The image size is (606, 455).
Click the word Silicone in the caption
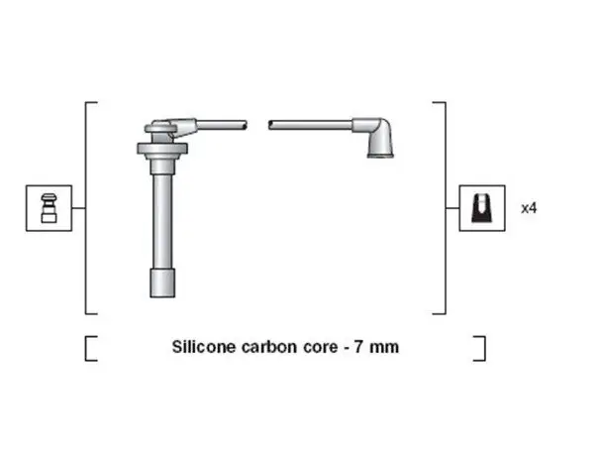coord(203,347)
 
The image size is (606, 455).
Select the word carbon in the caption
coord(269,347)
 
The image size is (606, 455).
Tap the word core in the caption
coord(321,347)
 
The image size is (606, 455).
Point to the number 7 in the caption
coord(358,347)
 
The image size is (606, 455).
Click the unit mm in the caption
coord(384,348)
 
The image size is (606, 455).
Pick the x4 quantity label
coord(529,208)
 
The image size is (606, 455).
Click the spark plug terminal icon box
coord(50,208)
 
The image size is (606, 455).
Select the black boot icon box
coord(482,208)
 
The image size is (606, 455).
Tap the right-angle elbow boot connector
coord(374,137)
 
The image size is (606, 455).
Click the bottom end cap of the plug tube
coord(162,283)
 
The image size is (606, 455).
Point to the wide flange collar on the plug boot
coord(162,149)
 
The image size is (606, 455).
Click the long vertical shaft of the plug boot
coord(162,220)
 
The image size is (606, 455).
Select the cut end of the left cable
coord(245,125)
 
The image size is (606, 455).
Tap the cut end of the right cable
coord(271,125)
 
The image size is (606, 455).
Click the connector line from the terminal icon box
coord(78,208)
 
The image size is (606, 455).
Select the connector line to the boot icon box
coord(453,208)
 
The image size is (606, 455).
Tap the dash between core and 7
coord(346,348)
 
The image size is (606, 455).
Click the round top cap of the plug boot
coord(160,127)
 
